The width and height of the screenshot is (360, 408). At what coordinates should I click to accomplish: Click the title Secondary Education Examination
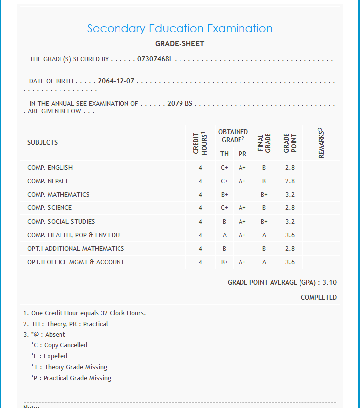click(x=180, y=29)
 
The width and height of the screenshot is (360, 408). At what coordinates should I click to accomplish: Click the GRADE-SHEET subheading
click(x=180, y=44)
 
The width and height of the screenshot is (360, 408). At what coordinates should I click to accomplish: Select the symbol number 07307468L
click(x=154, y=59)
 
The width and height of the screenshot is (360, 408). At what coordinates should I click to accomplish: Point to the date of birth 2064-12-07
click(x=116, y=81)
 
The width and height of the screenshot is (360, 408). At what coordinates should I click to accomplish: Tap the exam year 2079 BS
click(x=180, y=104)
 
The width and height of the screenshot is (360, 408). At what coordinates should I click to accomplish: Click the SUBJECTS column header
click(x=43, y=142)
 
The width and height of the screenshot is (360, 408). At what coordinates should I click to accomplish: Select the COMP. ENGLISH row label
click(x=50, y=168)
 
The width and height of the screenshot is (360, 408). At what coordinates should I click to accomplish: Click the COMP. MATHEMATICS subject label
click(x=59, y=195)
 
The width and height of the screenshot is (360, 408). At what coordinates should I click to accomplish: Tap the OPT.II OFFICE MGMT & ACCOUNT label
click(x=76, y=262)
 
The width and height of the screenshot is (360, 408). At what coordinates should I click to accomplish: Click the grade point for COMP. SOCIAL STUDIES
click(x=290, y=222)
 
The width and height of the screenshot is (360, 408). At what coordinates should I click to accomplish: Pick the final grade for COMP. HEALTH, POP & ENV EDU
click(x=264, y=235)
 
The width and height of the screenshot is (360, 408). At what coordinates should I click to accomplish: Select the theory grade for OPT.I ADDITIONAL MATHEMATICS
click(x=224, y=249)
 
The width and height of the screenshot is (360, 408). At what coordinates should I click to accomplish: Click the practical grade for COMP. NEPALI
click(x=242, y=181)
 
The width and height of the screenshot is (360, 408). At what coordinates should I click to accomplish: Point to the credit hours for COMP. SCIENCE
click(x=200, y=208)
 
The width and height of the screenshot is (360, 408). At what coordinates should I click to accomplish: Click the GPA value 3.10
click(x=329, y=283)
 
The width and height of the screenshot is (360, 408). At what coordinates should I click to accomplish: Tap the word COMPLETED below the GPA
click(x=318, y=298)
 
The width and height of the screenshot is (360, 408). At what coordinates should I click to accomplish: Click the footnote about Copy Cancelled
click(x=59, y=345)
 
